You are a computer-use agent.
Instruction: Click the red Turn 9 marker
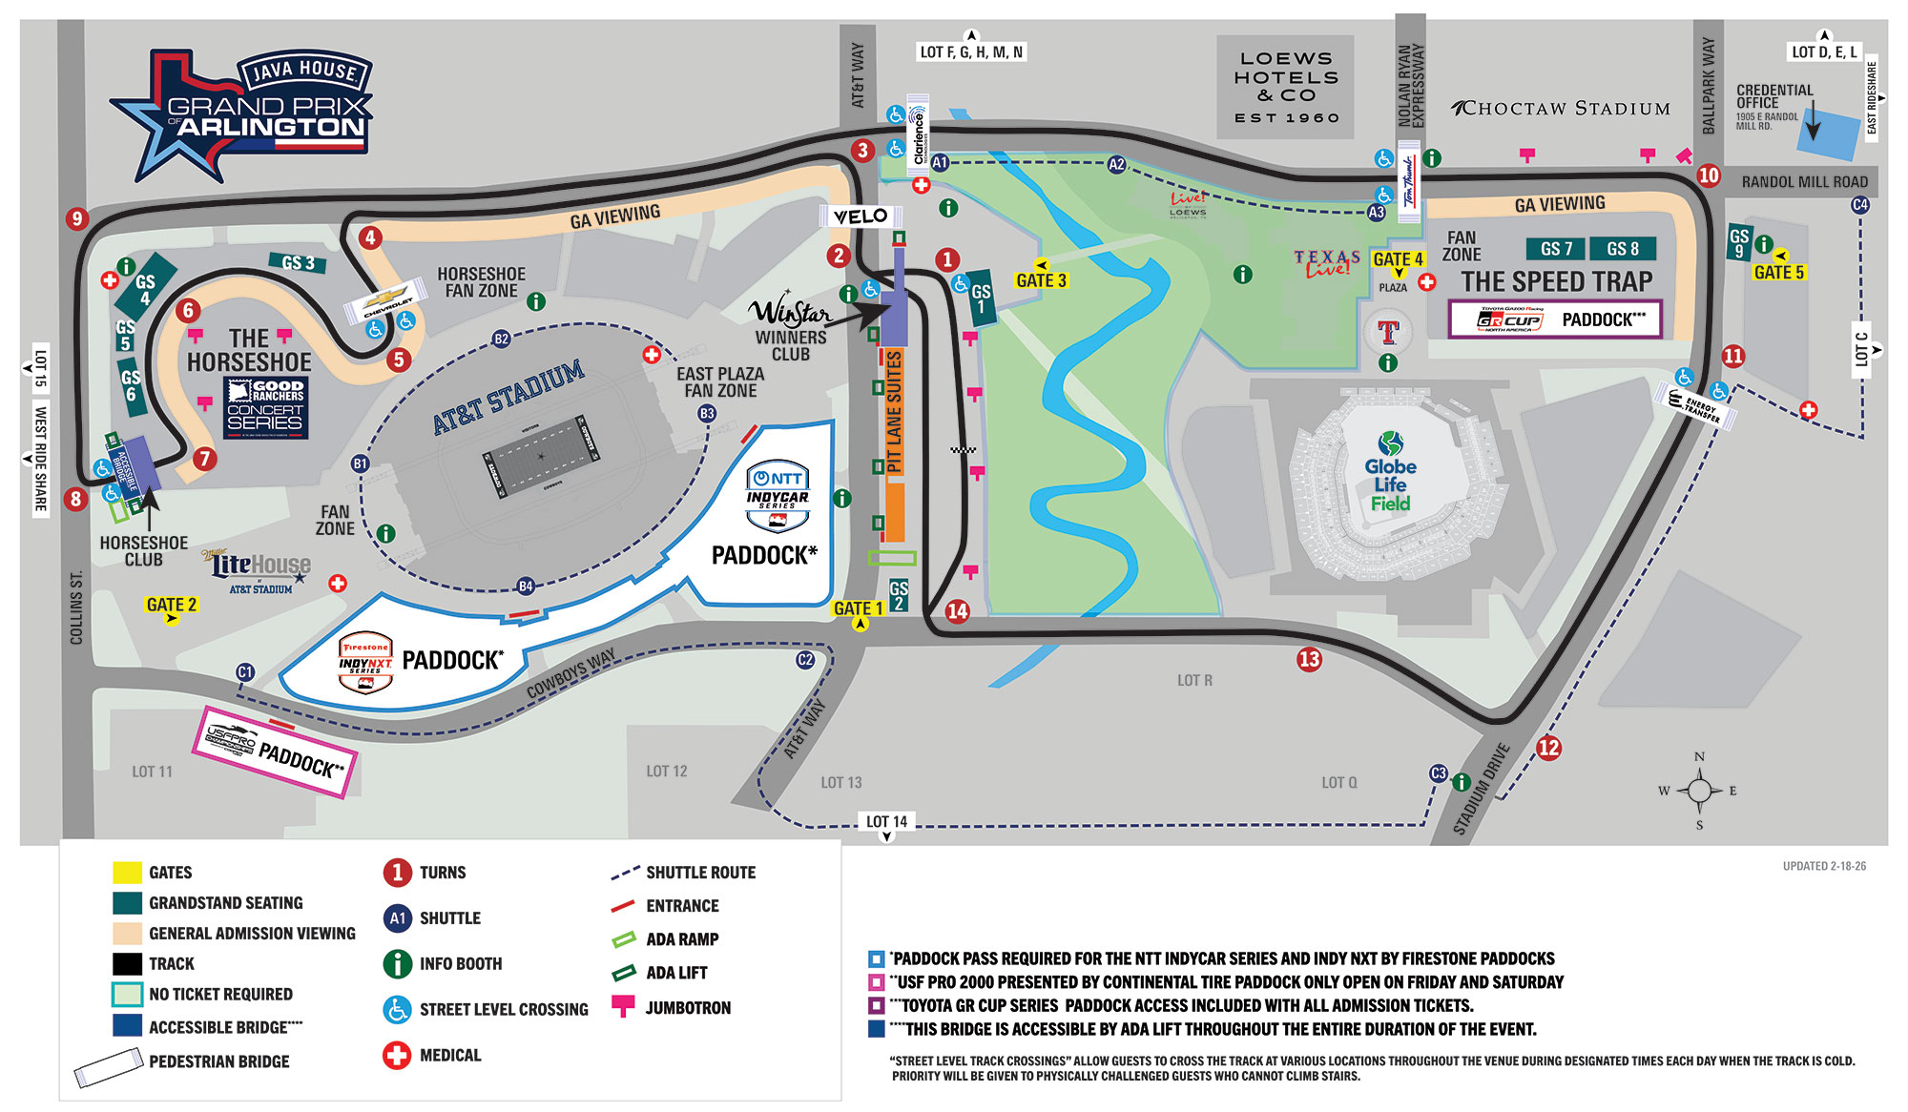click(x=77, y=218)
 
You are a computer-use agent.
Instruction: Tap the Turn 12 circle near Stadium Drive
click(x=1548, y=748)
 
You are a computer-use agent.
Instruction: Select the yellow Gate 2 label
click(x=172, y=605)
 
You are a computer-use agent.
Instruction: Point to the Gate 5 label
click(x=1779, y=273)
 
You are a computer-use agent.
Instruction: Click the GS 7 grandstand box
click(x=1556, y=249)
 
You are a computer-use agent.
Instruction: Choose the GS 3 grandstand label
click(x=298, y=262)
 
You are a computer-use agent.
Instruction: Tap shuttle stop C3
click(x=1439, y=773)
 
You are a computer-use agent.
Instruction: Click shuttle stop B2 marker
click(x=501, y=339)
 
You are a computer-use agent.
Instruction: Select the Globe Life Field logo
click(x=1390, y=472)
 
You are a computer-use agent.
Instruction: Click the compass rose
click(x=1699, y=791)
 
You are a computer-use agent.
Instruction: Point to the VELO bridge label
click(x=860, y=216)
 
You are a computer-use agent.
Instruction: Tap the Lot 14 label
click(x=887, y=821)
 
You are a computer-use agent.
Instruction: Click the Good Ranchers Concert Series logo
click(x=265, y=407)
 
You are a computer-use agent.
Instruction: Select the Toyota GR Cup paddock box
click(x=1555, y=319)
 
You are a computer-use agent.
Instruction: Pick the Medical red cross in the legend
click(x=397, y=1055)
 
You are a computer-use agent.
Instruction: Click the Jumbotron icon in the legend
click(x=623, y=1006)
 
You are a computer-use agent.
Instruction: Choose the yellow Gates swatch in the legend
click(x=127, y=873)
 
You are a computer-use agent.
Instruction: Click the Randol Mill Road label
click(x=1804, y=181)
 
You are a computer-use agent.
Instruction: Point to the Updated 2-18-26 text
click(x=1824, y=866)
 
